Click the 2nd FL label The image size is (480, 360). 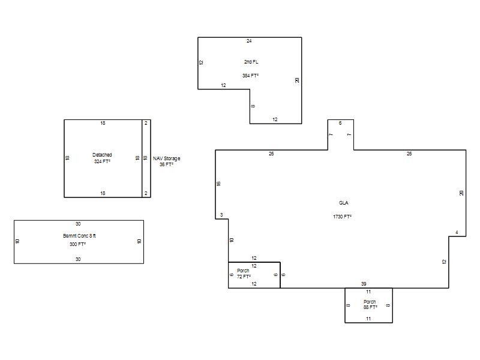coord(251,62)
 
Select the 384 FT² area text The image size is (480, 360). coord(250,76)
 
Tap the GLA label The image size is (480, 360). coord(343,203)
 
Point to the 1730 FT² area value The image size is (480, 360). coord(342,217)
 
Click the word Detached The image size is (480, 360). coord(102,155)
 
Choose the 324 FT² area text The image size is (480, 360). coord(102,161)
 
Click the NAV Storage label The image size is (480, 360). coord(167,158)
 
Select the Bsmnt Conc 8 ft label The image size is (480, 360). coord(79,236)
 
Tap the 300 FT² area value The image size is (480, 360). coord(77,244)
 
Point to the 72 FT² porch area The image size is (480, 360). coord(244,277)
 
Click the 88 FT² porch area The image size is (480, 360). coord(370,307)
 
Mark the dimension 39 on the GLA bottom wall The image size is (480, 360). coord(364,284)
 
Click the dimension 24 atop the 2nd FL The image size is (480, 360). coord(249,41)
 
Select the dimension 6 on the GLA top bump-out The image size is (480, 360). coord(340,123)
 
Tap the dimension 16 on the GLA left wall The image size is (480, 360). coord(218,184)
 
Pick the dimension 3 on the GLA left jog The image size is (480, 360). coord(221,215)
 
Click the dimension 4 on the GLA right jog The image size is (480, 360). coord(457,233)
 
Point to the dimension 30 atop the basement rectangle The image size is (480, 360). coord(78,224)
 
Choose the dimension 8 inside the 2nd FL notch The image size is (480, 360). coord(253,106)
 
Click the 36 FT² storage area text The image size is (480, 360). coord(166,164)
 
